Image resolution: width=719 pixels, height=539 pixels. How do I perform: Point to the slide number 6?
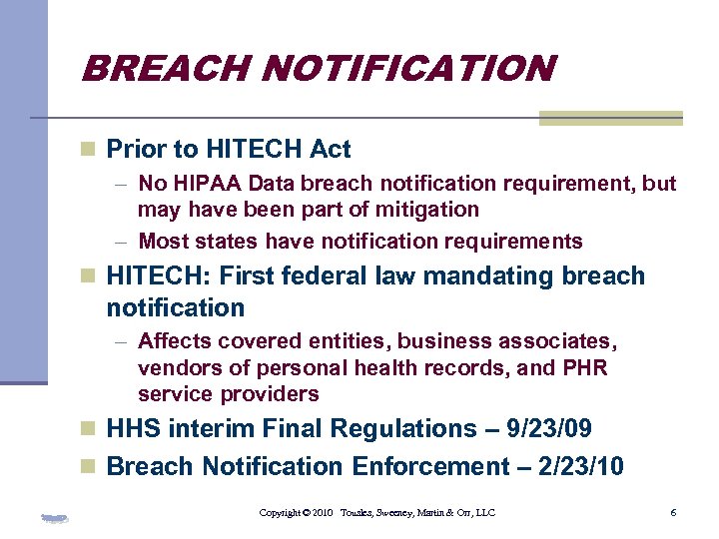(674, 512)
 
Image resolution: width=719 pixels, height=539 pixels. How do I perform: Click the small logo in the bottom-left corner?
(56, 517)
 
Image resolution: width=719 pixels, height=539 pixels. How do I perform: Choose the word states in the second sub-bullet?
(225, 242)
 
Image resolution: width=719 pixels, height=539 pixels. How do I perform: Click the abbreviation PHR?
(584, 368)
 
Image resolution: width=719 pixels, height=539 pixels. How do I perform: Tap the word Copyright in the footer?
(281, 513)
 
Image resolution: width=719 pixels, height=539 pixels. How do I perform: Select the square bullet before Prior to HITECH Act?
(89, 150)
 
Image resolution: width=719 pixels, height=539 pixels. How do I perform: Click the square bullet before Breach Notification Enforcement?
(89, 467)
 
